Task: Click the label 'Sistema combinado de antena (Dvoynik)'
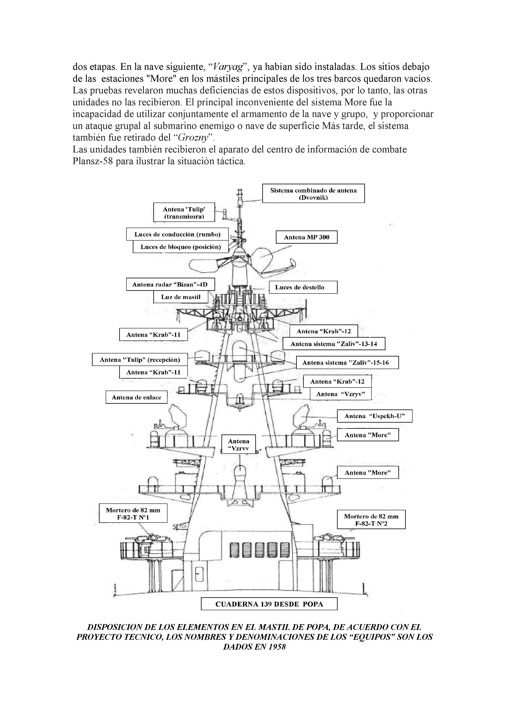[x=313, y=194]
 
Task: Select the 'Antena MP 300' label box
[x=306, y=237]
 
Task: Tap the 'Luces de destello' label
[x=303, y=287]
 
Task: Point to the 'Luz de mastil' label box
[x=181, y=297]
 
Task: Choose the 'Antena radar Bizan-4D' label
[x=171, y=284]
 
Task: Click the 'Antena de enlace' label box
[x=136, y=397]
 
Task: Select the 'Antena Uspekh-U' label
[x=374, y=416]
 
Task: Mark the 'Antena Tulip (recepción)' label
[x=140, y=360]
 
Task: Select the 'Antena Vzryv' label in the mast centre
[x=239, y=445]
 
